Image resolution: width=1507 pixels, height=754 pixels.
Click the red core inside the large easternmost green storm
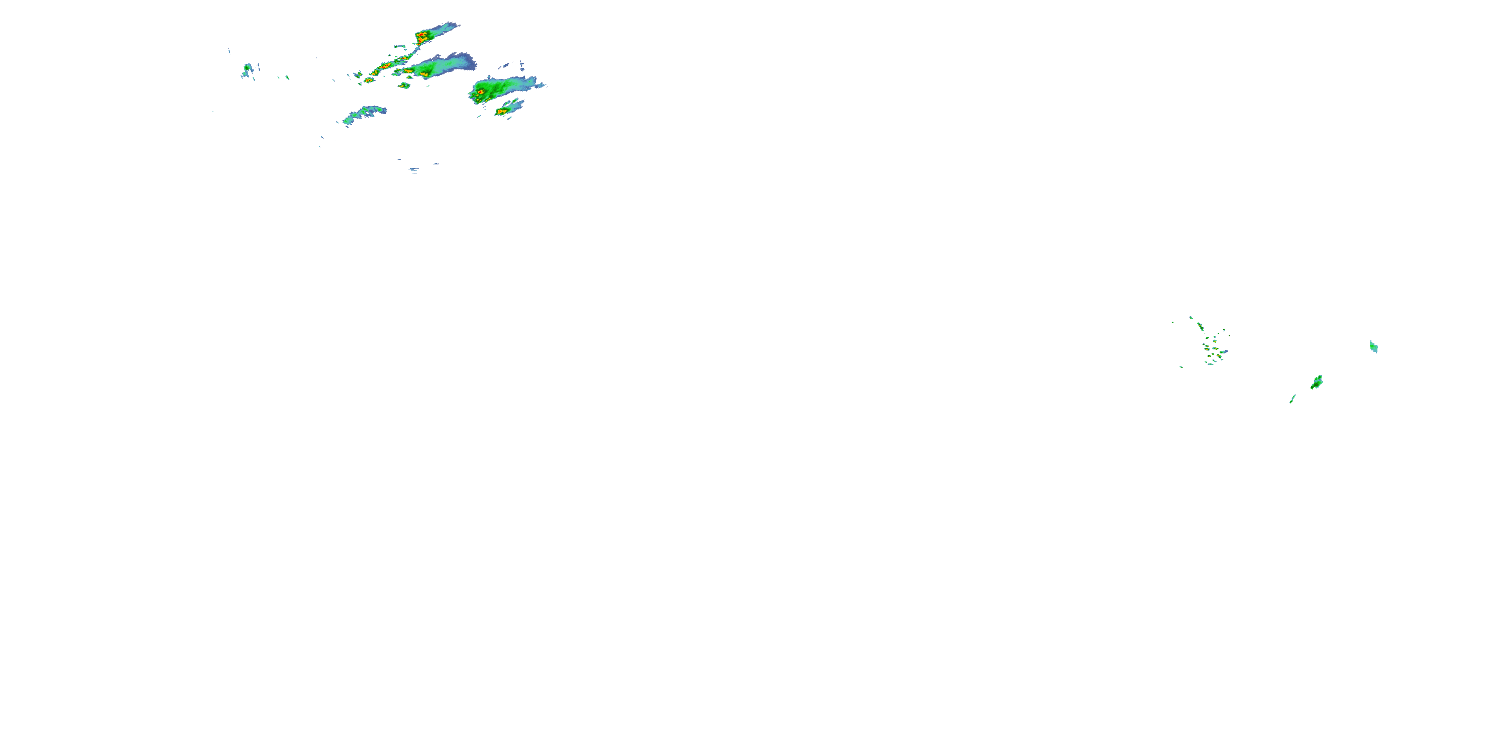point(480,92)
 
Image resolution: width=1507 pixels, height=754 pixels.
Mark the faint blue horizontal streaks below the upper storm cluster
point(414,170)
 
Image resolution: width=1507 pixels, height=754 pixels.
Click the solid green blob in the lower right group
point(1317,382)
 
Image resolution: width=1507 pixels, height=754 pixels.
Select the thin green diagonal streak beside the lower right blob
point(1293,399)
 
